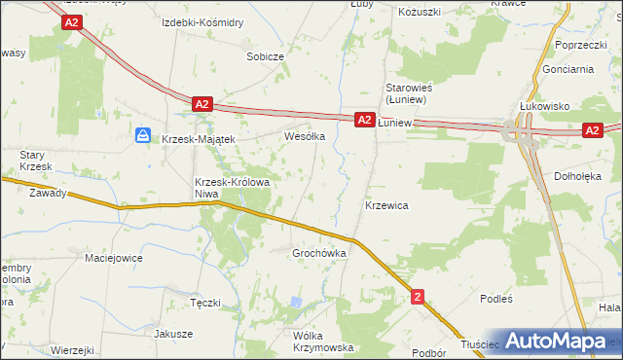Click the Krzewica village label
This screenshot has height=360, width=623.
(x=385, y=206)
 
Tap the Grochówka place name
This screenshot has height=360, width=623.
(x=320, y=253)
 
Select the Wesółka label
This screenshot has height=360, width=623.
(x=303, y=137)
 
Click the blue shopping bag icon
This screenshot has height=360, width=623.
(x=143, y=136)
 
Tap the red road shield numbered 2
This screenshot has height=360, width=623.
(x=418, y=296)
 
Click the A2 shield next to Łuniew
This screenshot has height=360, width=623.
(x=363, y=120)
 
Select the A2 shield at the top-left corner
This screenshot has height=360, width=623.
(x=69, y=21)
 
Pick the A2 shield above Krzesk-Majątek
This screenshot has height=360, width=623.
(x=202, y=103)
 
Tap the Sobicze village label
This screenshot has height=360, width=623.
(x=265, y=56)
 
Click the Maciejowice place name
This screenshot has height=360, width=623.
(x=114, y=258)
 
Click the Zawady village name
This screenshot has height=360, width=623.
(x=48, y=193)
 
